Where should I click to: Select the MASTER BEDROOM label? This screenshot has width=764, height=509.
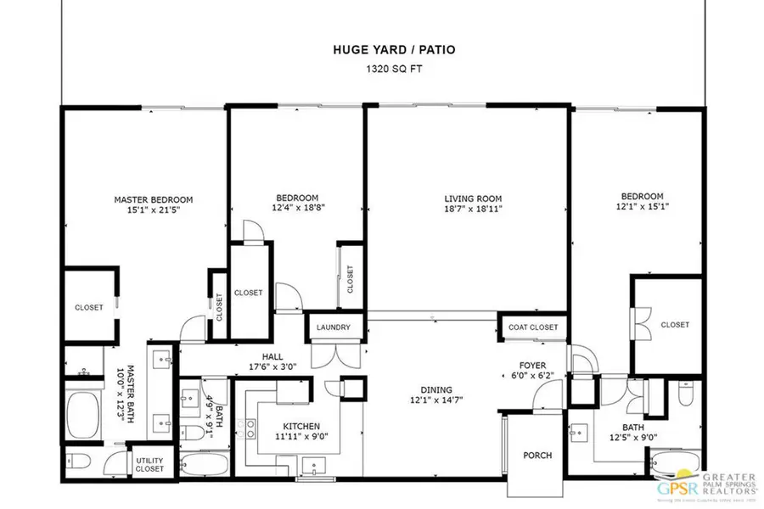point(154,200)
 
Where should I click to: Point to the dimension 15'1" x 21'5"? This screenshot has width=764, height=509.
point(154,211)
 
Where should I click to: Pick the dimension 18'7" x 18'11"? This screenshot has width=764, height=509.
point(468,211)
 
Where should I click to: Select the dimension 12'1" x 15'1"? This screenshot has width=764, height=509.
point(640,207)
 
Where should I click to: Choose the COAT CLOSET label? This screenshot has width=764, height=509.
point(532,327)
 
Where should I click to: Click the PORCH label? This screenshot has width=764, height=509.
point(537,456)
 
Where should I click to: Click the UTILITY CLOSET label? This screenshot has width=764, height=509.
point(150,464)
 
